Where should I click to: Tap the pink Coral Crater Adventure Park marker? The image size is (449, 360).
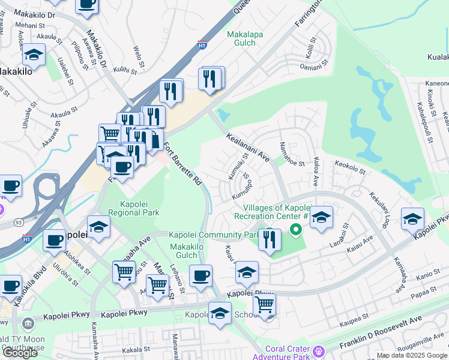coord(318,350)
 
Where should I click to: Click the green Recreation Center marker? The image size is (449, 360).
coord(295,229)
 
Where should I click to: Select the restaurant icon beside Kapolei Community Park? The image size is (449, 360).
coord(270,239)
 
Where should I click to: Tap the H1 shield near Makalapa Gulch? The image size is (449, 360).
coord(203,44)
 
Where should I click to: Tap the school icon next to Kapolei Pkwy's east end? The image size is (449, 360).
coord(413,218)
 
